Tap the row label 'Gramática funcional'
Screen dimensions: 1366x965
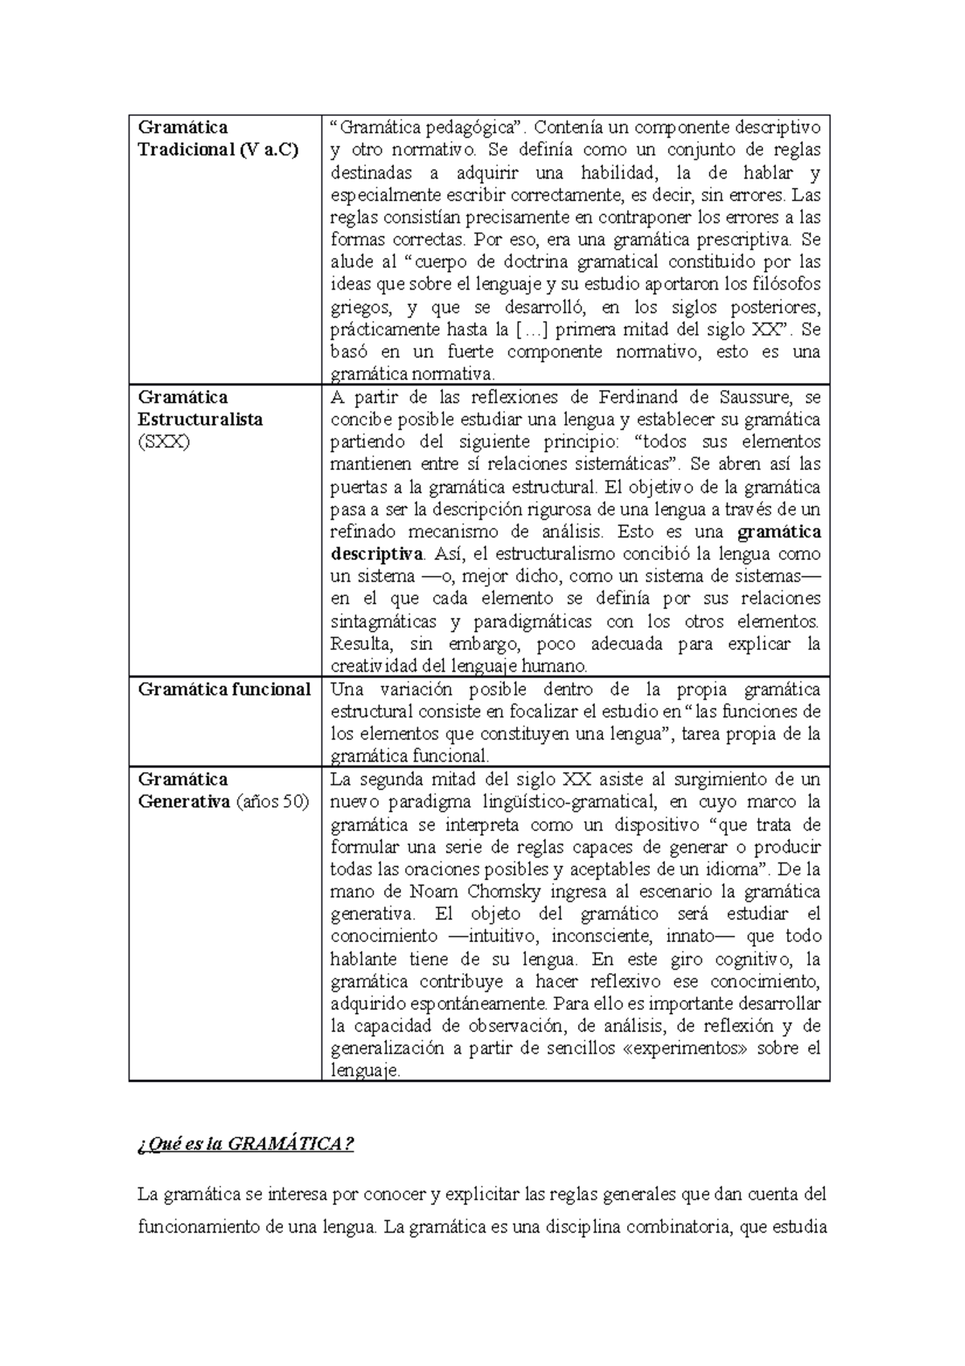tap(224, 689)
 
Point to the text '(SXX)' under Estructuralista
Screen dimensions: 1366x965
tap(163, 442)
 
